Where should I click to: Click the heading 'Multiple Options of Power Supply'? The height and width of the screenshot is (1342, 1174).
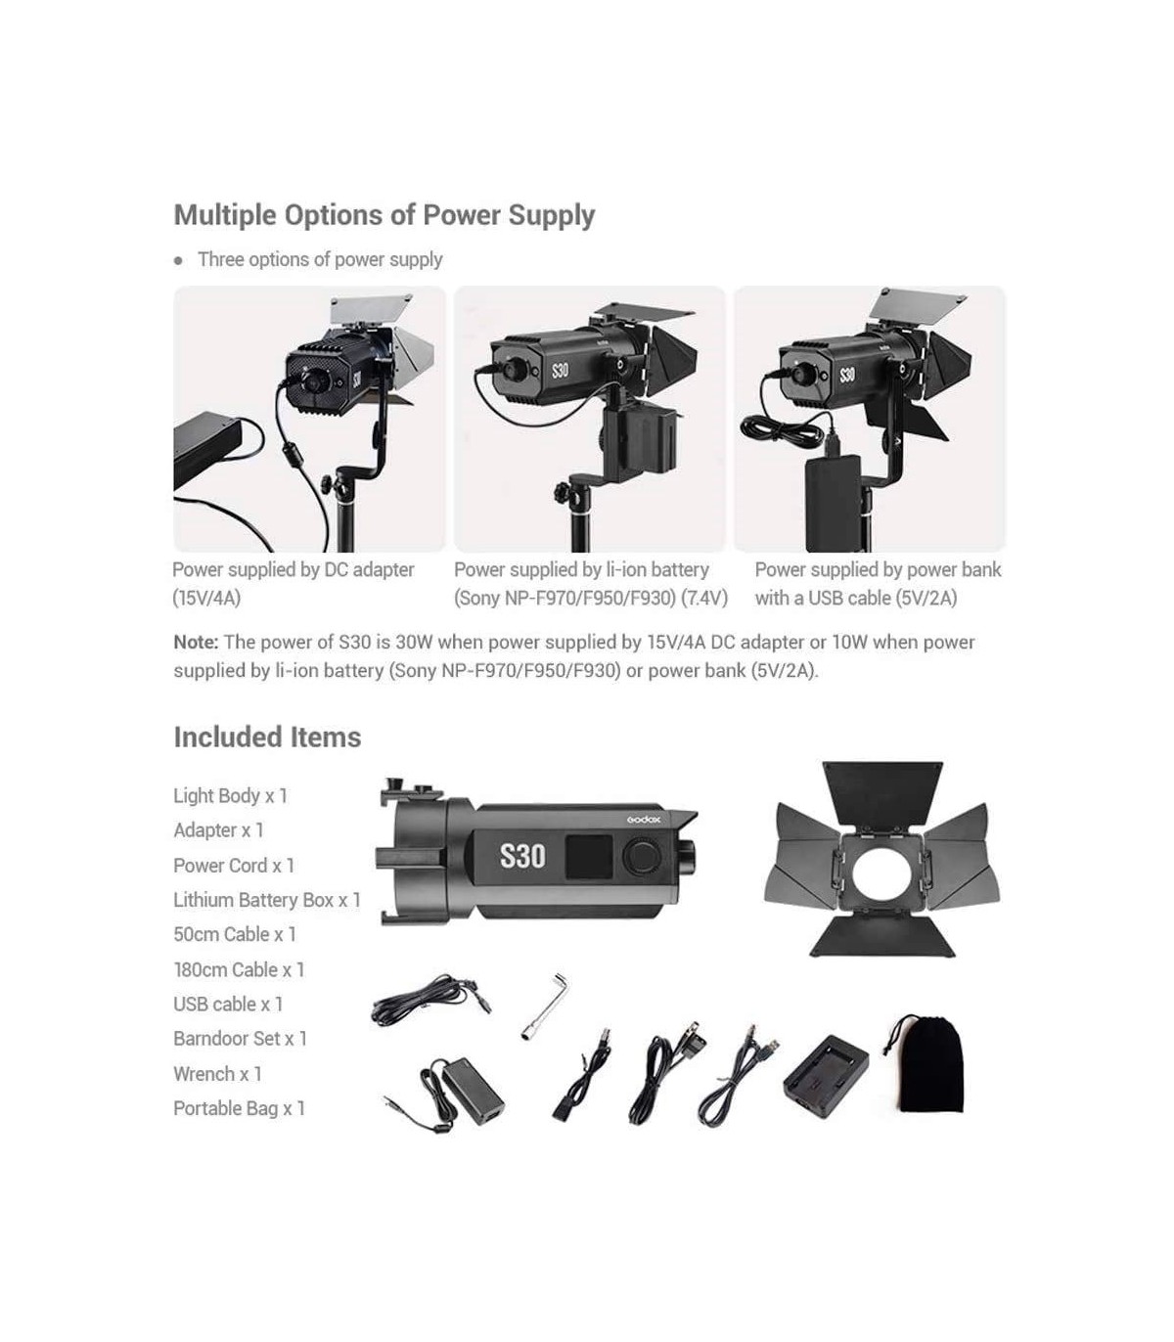tap(384, 216)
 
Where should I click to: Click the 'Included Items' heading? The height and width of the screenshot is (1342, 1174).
tap(267, 737)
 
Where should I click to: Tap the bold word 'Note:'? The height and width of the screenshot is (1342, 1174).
tap(196, 642)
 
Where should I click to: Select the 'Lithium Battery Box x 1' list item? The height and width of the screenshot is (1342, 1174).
tap(267, 900)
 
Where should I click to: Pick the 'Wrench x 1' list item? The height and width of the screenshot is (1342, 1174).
tap(217, 1074)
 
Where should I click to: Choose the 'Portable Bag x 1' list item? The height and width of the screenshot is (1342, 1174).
tap(240, 1108)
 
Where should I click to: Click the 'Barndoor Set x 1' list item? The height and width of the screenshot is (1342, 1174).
tap(240, 1039)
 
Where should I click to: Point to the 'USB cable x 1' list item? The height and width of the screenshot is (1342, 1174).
tap(228, 1005)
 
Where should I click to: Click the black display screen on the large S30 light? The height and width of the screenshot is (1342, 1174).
tap(589, 857)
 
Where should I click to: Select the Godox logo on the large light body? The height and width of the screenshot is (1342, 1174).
tap(644, 820)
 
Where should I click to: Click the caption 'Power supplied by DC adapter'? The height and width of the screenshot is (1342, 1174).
tap(293, 570)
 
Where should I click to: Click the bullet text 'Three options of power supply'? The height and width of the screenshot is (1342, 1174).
tap(320, 260)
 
